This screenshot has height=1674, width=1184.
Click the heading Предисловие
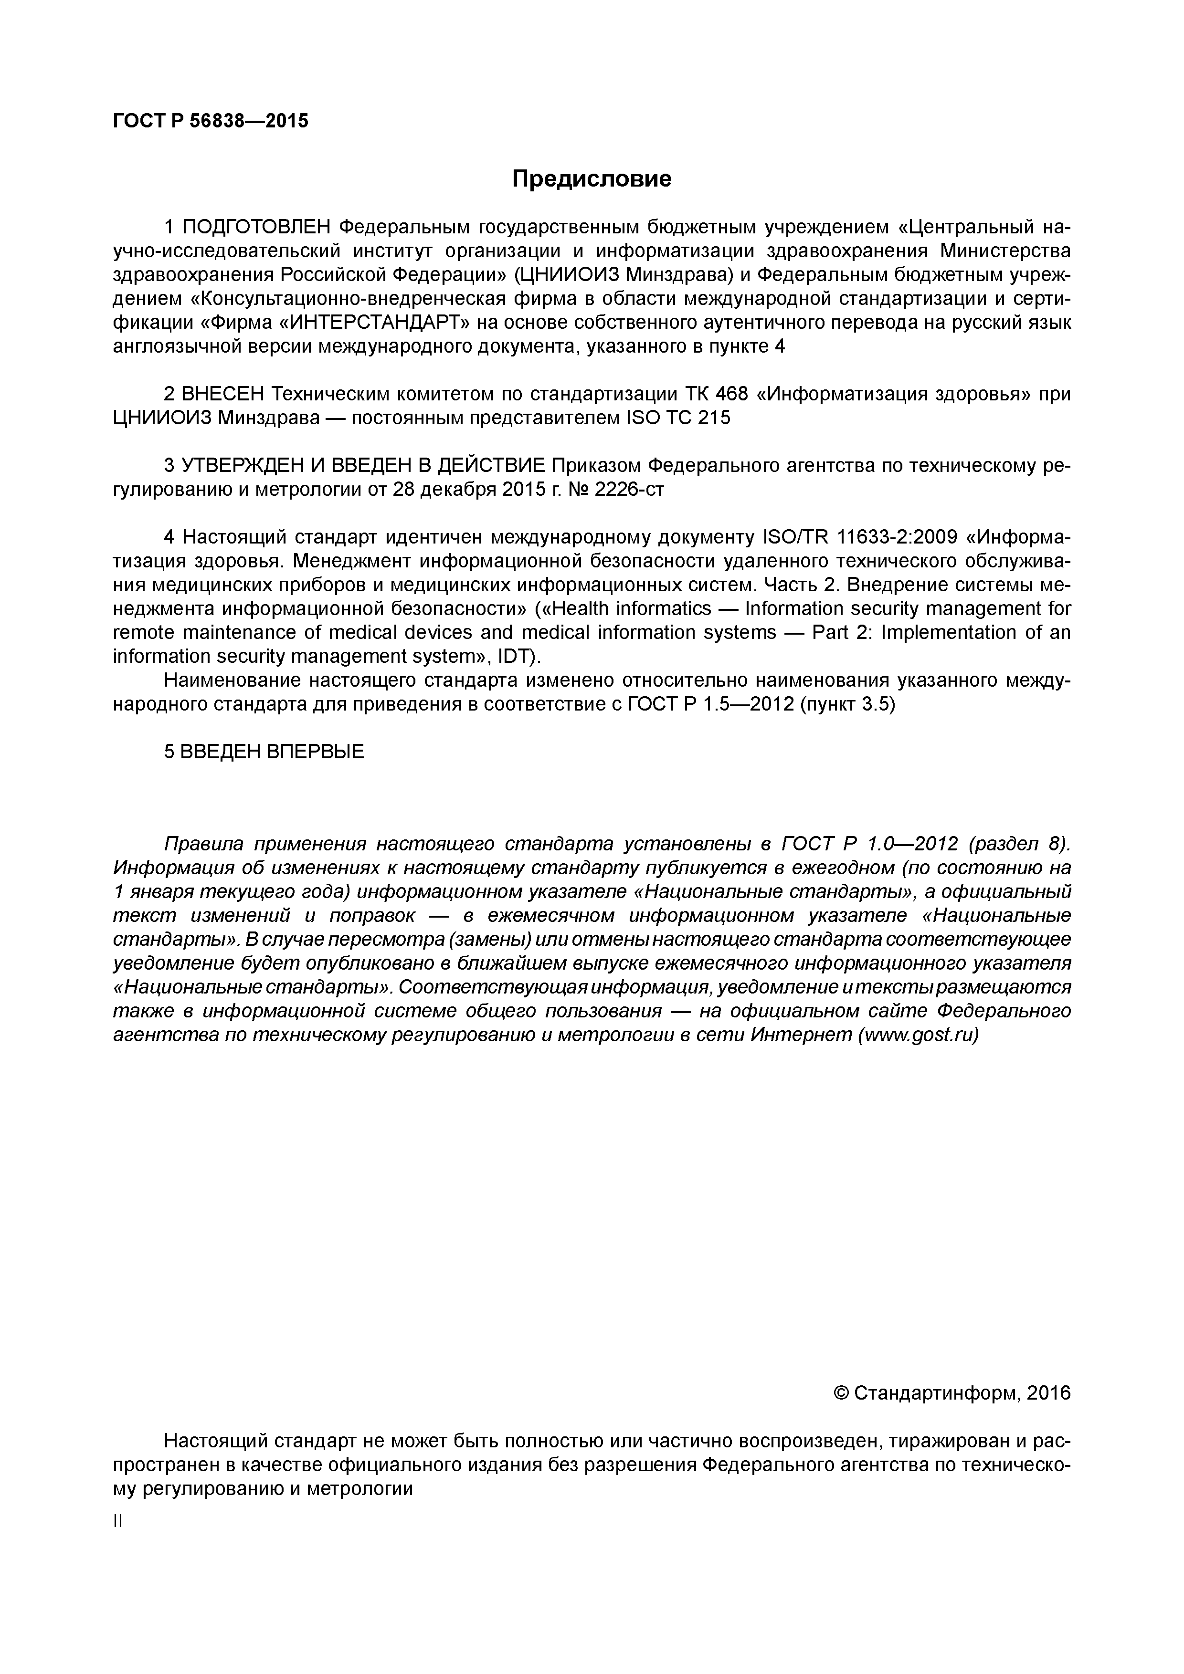tap(591, 178)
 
